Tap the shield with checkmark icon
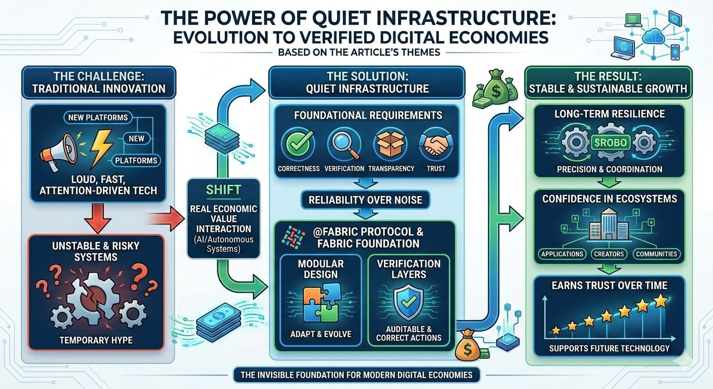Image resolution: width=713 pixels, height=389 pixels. pos(409,302)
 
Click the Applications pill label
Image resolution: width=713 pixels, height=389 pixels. pos(562,254)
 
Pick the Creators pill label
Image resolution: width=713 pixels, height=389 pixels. pos(609,254)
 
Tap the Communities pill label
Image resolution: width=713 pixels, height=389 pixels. pos(656,254)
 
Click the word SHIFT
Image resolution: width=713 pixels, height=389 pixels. pos(223,190)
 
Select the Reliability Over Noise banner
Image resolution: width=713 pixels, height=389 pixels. pos(366,200)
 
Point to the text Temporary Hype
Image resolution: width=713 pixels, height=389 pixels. pos(96,339)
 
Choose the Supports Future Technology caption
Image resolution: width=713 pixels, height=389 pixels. pos(609,348)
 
